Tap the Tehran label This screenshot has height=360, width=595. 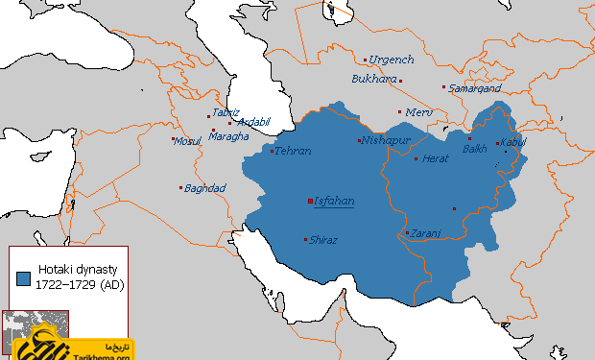(x=293, y=152)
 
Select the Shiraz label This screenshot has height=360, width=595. (x=323, y=240)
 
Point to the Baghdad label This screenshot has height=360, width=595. (x=204, y=188)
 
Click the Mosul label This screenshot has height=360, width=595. (x=187, y=141)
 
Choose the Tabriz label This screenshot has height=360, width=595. (x=226, y=112)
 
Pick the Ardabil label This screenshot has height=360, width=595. (x=253, y=122)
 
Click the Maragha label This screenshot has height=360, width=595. (x=230, y=136)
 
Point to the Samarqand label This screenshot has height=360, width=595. (x=475, y=87)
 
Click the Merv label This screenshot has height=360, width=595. (x=420, y=112)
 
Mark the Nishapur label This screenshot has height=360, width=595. (x=386, y=141)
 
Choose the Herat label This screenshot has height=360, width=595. (x=436, y=158)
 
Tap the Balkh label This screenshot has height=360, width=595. (x=475, y=149)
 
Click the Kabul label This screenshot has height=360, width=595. (x=513, y=143)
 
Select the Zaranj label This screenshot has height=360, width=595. (x=426, y=233)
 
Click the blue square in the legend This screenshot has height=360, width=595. (x=24, y=278)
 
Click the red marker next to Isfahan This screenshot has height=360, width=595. (x=309, y=202)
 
